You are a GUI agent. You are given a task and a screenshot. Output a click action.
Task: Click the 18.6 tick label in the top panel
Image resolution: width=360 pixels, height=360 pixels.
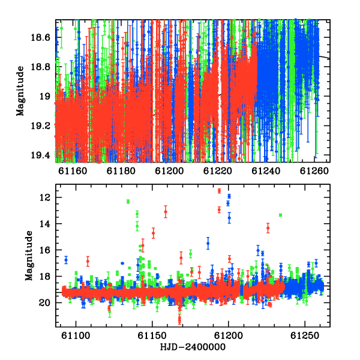coord(40,37)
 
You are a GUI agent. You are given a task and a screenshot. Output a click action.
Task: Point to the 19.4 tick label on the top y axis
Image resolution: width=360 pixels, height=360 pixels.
coord(40,155)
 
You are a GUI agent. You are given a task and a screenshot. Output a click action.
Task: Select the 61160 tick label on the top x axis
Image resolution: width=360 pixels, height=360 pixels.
coord(73,171)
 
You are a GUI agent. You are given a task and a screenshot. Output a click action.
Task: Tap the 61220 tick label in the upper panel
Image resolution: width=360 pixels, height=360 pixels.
coord(218,171)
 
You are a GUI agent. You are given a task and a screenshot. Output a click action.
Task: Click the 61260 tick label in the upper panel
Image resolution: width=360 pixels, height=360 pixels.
coord(314,171)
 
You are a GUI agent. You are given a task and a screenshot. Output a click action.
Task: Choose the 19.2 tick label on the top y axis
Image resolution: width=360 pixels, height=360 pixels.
coord(40,126)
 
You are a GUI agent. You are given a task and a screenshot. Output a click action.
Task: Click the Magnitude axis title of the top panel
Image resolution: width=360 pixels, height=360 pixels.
coord(20,91)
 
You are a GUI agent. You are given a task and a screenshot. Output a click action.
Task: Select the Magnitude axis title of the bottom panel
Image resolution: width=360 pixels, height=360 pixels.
coord(29,256)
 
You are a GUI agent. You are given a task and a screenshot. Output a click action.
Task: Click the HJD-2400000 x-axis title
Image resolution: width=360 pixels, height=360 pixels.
coord(193,347)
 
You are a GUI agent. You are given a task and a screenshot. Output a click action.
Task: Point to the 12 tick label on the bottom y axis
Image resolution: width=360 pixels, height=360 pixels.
coord(45,197)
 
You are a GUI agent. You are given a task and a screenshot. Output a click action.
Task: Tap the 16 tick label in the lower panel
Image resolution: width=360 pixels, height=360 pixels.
coord(45,250)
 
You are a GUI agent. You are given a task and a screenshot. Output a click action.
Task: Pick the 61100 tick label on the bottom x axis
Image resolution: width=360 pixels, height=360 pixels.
coord(76,335)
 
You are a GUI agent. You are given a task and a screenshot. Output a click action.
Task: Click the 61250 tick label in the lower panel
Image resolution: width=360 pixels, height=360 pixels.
coord(305,335)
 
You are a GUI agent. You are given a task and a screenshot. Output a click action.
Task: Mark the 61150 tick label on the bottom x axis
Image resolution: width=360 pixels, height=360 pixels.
coord(152,335)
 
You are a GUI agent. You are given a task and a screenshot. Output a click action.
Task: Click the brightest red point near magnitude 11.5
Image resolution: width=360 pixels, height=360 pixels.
coord(219,191)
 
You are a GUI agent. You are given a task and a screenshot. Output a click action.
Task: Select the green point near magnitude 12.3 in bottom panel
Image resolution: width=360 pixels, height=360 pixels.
coord(128,202)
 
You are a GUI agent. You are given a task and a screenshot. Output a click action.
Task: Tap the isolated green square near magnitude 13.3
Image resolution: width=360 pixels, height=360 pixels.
coord(280,215)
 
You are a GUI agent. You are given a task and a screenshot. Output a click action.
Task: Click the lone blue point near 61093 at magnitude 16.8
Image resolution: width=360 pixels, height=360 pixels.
coord(66,260)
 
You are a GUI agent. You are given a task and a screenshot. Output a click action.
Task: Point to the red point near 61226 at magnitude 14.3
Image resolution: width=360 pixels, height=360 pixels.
coord(268,228)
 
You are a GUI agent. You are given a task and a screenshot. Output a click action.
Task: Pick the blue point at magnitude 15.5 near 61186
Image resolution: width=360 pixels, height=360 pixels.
coord(208,244)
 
